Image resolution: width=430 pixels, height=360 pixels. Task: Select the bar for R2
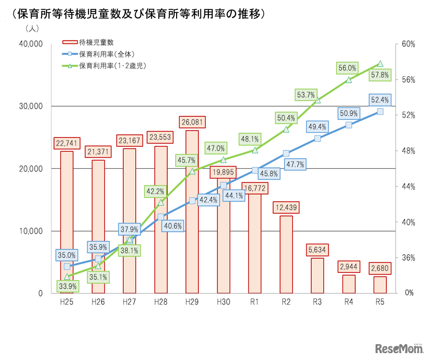click(286, 255)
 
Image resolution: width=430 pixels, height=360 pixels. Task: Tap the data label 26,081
click(192, 122)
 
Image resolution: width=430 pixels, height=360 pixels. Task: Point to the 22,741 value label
click(67, 143)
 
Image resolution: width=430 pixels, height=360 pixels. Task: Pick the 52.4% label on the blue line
click(380, 100)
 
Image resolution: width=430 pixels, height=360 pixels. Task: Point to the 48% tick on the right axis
click(408, 151)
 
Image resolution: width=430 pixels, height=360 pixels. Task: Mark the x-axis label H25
click(67, 302)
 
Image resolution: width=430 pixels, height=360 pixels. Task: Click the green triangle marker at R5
click(380, 63)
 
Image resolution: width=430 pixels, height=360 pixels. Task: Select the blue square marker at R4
click(349, 125)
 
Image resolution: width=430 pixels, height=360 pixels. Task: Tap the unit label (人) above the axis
click(32, 29)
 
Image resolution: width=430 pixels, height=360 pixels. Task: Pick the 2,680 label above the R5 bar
click(380, 269)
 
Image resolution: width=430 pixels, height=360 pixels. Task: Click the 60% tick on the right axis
click(408, 44)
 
